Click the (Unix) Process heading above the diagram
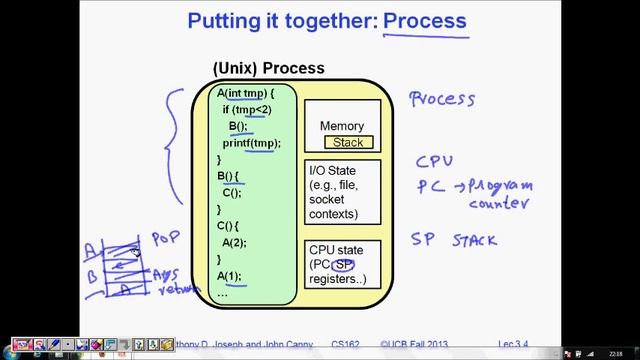click(268, 68)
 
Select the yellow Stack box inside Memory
click(348, 142)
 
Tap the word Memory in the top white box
click(342, 126)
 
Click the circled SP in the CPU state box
click(344, 265)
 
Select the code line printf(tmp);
click(251, 143)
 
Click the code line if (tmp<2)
click(246, 109)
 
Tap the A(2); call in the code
click(234, 243)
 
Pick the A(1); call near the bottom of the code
click(229, 276)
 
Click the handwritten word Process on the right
click(441, 99)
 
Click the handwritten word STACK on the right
click(474, 240)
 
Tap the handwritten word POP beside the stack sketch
click(165, 239)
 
